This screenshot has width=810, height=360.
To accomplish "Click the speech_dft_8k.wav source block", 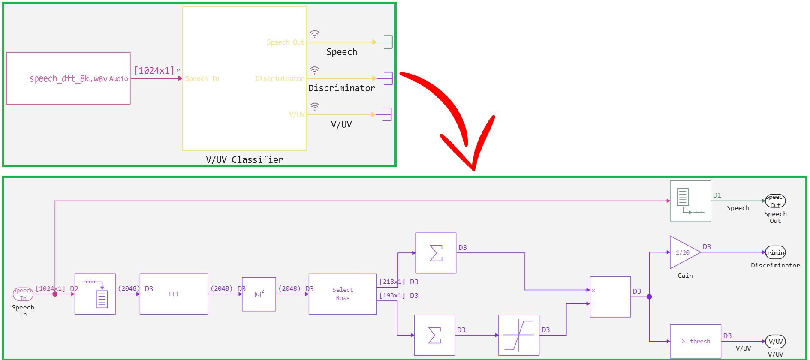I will click(x=68, y=78).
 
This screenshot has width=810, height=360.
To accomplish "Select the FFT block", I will click(x=174, y=294).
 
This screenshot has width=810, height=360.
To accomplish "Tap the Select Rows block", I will click(x=343, y=294).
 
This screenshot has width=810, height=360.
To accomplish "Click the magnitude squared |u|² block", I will click(x=259, y=294).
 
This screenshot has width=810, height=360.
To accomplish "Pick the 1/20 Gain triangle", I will click(x=683, y=252).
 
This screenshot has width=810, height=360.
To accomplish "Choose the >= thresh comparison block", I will click(x=695, y=341).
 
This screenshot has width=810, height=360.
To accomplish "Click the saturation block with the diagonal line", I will click(x=518, y=335).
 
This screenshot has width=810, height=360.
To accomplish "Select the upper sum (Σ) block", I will click(x=436, y=253).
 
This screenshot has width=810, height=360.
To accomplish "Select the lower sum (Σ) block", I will click(x=434, y=335).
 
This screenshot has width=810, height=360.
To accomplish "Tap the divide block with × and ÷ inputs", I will click(x=610, y=297).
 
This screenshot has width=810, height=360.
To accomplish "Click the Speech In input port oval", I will click(x=23, y=294).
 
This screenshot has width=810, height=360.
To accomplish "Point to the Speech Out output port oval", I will click(x=775, y=201).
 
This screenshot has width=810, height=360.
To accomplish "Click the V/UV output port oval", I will click(x=775, y=341).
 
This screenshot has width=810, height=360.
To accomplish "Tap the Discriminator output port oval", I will click(x=775, y=252).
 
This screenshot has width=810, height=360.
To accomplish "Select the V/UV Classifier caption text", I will click(x=244, y=159).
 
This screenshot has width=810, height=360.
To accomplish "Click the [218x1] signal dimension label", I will click(x=392, y=282).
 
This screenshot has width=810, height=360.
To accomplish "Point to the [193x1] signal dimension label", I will click(x=392, y=295).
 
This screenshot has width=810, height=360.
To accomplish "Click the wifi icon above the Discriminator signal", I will click(x=315, y=70).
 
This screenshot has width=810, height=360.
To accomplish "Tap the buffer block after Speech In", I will click(x=95, y=294).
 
